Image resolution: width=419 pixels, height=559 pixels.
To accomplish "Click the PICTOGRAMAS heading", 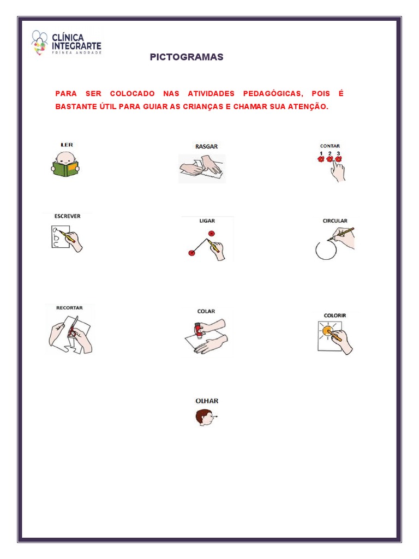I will [187, 57].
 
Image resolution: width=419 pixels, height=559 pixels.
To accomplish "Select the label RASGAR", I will [206, 146].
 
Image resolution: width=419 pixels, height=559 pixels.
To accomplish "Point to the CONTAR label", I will [330, 146].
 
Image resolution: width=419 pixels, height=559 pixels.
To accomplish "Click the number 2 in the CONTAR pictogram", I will [330, 153].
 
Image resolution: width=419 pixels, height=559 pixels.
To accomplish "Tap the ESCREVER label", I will [67, 216].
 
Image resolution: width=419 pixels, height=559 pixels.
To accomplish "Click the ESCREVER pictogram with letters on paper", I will [64, 239].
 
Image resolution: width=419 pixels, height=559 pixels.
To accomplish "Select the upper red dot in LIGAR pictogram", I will [212, 234].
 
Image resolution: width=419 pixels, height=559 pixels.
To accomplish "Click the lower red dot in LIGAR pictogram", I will [191, 253].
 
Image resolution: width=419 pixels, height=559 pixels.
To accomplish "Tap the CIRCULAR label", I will [335, 221].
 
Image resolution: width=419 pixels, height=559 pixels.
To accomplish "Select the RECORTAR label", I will [69, 308].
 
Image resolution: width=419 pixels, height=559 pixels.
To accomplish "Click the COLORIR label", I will [334, 316].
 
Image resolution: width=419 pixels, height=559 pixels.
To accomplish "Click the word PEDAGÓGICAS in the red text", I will [272, 94].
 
